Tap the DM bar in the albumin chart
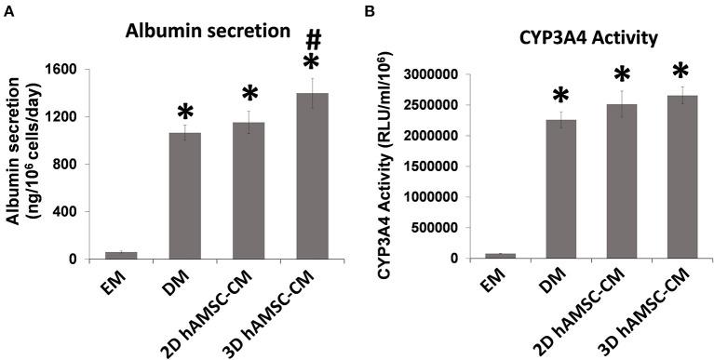click(190, 195)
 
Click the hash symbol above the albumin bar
click(314, 40)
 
